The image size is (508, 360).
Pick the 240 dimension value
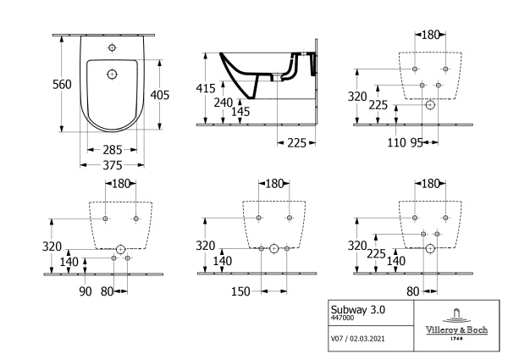click(x=224, y=102)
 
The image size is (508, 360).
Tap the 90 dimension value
click(x=85, y=292)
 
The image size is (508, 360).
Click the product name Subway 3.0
click(x=358, y=310)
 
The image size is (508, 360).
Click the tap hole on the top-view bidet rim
click(x=111, y=45)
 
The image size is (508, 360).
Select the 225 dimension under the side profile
click(x=295, y=143)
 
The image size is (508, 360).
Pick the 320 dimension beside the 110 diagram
click(x=358, y=97)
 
